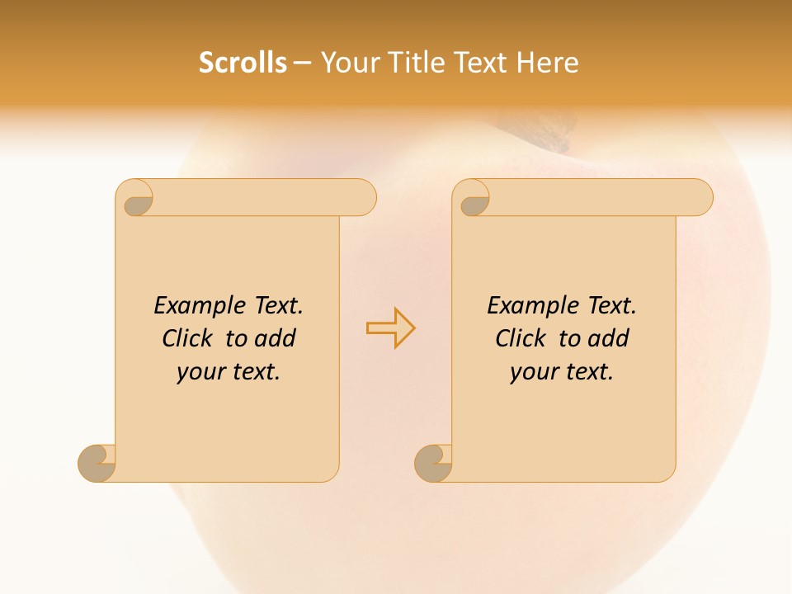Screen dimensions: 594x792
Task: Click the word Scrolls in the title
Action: pos(243,63)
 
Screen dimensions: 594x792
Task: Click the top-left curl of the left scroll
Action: pos(138,201)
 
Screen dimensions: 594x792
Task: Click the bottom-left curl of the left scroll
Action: pos(96,463)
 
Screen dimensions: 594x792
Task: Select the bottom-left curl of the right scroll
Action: pos(432,463)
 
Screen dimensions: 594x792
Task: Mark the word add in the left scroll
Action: pos(276,338)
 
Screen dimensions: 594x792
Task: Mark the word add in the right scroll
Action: pos(609,338)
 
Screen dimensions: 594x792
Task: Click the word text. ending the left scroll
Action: pos(254,373)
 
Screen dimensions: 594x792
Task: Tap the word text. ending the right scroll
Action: pos(587,373)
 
